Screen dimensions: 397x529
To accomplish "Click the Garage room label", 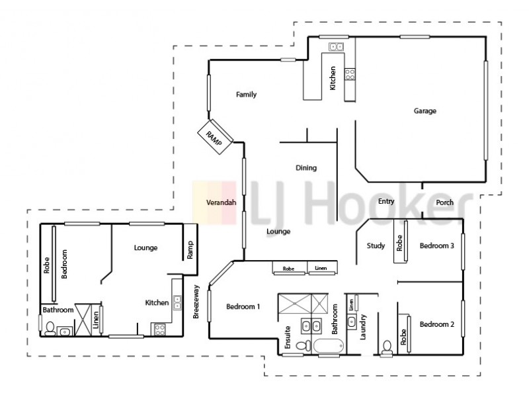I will [425, 111].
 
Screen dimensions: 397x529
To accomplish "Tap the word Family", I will [246, 95].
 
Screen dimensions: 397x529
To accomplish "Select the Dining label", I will [306, 167].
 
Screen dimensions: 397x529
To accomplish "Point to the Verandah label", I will [222, 202].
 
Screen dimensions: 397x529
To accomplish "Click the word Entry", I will [386, 202].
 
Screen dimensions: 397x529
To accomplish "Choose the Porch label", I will [444, 202].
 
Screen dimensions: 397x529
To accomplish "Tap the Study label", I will [376, 246].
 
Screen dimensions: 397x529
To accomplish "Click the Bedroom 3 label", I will [436, 246].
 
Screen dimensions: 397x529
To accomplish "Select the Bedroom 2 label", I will [436, 324].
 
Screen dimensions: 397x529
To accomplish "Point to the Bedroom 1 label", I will [243, 306].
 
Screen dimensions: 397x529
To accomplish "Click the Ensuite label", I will [288, 337].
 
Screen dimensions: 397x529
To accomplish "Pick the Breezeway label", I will [196, 304].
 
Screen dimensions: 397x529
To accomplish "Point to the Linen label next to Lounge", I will [321, 269].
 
